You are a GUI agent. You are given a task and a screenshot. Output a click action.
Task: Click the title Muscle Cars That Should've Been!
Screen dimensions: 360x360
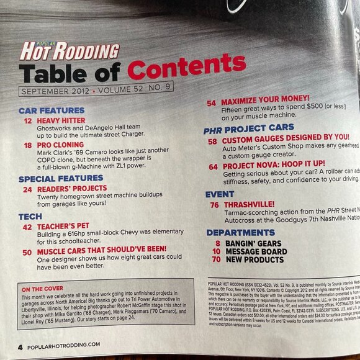click(108, 253)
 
